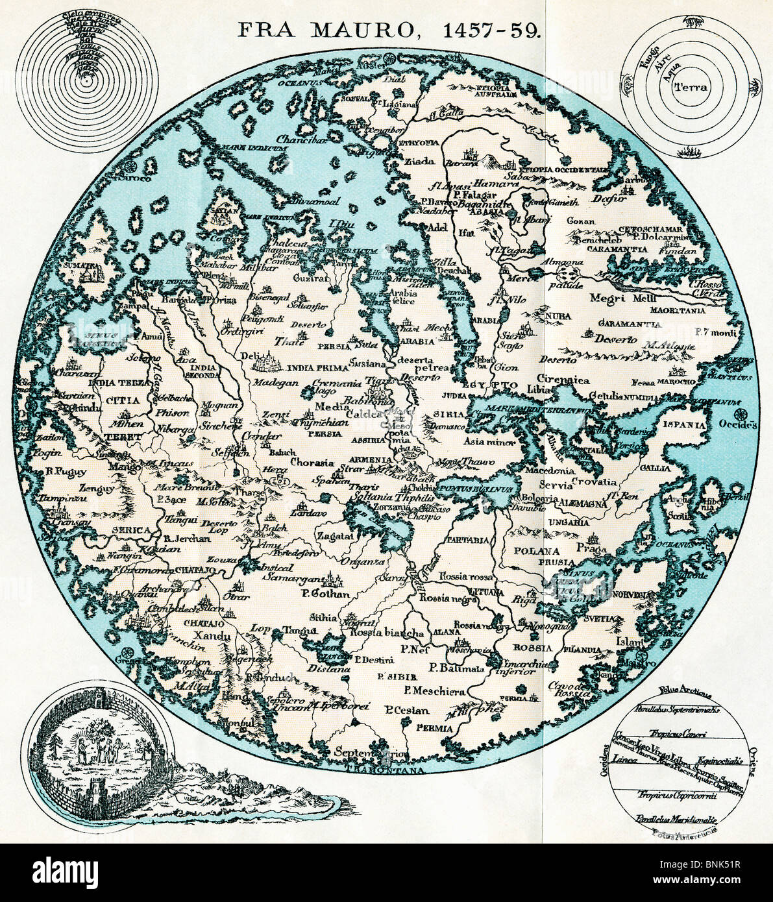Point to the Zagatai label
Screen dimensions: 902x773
(x=336, y=537)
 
